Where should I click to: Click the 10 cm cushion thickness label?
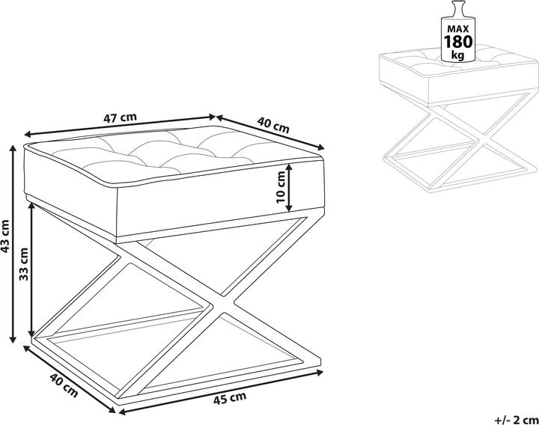pos(281,187)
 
